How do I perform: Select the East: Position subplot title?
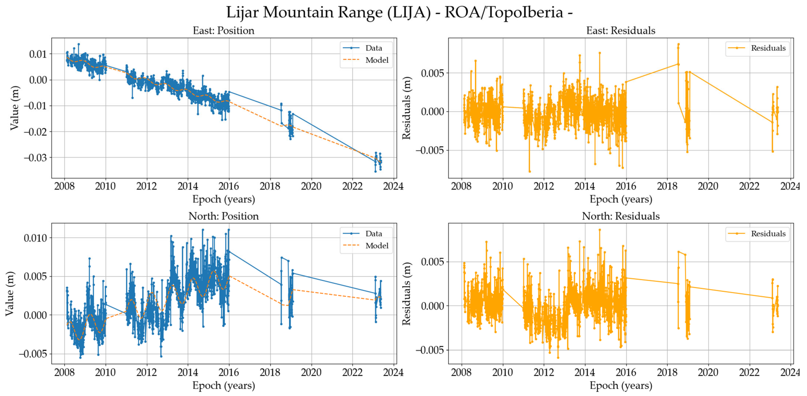(x=223, y=31)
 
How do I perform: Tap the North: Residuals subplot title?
(x=621, y=216)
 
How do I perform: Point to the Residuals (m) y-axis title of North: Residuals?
(x=406, y=294)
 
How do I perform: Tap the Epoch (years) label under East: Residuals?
(x=621, y=199)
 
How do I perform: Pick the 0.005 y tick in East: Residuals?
(x=433, y=73)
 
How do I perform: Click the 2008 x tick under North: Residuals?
(x=461, y=373)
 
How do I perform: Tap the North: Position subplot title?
(x=223, y=216)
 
